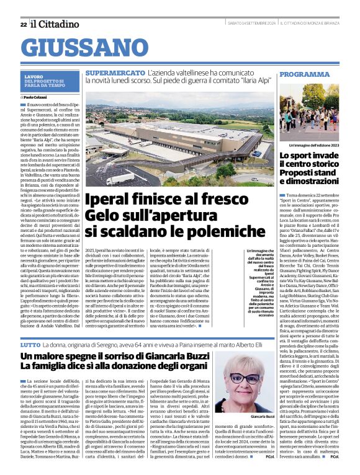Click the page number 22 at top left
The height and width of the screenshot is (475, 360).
pyautogui.click(x=23, y=24)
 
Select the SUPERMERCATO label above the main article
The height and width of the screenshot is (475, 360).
pyautogui.click(x=115, y=74)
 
